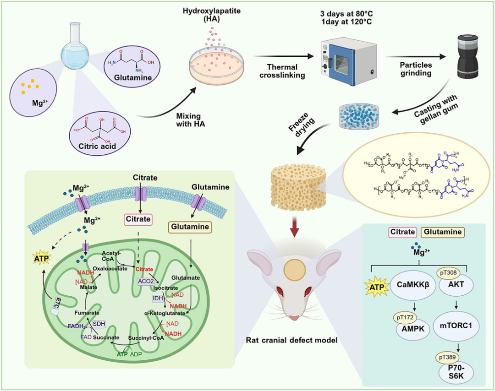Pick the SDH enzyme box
(x=99, y=324)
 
